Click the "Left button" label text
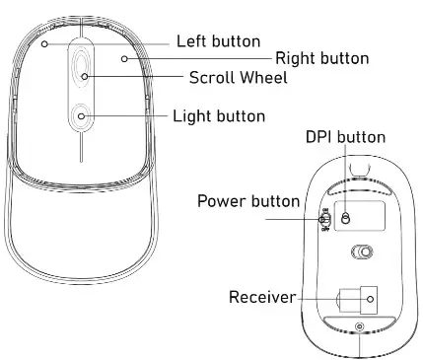(x=218, y=41)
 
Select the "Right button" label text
(x=321, y=59)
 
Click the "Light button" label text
(x=218, y=116)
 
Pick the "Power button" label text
(x=248, y=201)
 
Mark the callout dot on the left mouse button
(x=45, y=43)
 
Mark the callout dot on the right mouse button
(x=124, y=58)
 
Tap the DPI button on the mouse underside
(x=345, y=218)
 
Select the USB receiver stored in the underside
(x=359, y=297)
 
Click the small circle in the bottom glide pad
(x=359, y=327)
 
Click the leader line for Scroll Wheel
(x=138, y=76)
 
